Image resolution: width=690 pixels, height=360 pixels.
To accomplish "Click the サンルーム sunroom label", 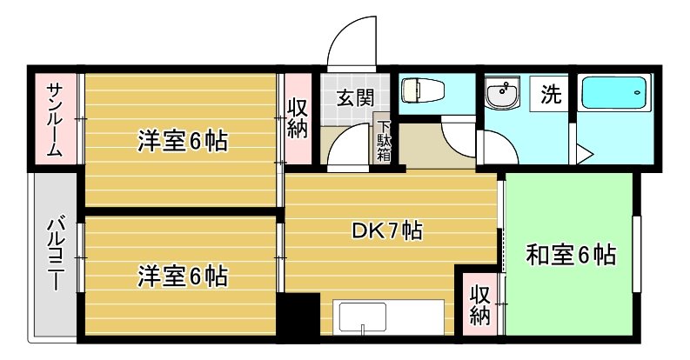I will click(54, 119).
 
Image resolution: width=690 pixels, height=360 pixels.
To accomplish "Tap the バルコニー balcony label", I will click(54, 258).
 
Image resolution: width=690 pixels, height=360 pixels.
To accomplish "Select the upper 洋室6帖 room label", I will click(182, 141).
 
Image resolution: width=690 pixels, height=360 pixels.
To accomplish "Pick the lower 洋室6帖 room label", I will click(182, 277).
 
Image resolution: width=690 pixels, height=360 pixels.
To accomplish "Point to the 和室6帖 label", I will click(571, 255).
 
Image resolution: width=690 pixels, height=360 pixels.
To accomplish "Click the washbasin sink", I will click(501, 93).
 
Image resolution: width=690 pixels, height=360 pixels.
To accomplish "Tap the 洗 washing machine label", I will click(551, 93).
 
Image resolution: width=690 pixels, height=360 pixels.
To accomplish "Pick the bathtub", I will click(613, 93).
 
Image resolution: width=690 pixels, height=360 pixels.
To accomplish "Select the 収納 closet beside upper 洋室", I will click(298, 120).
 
